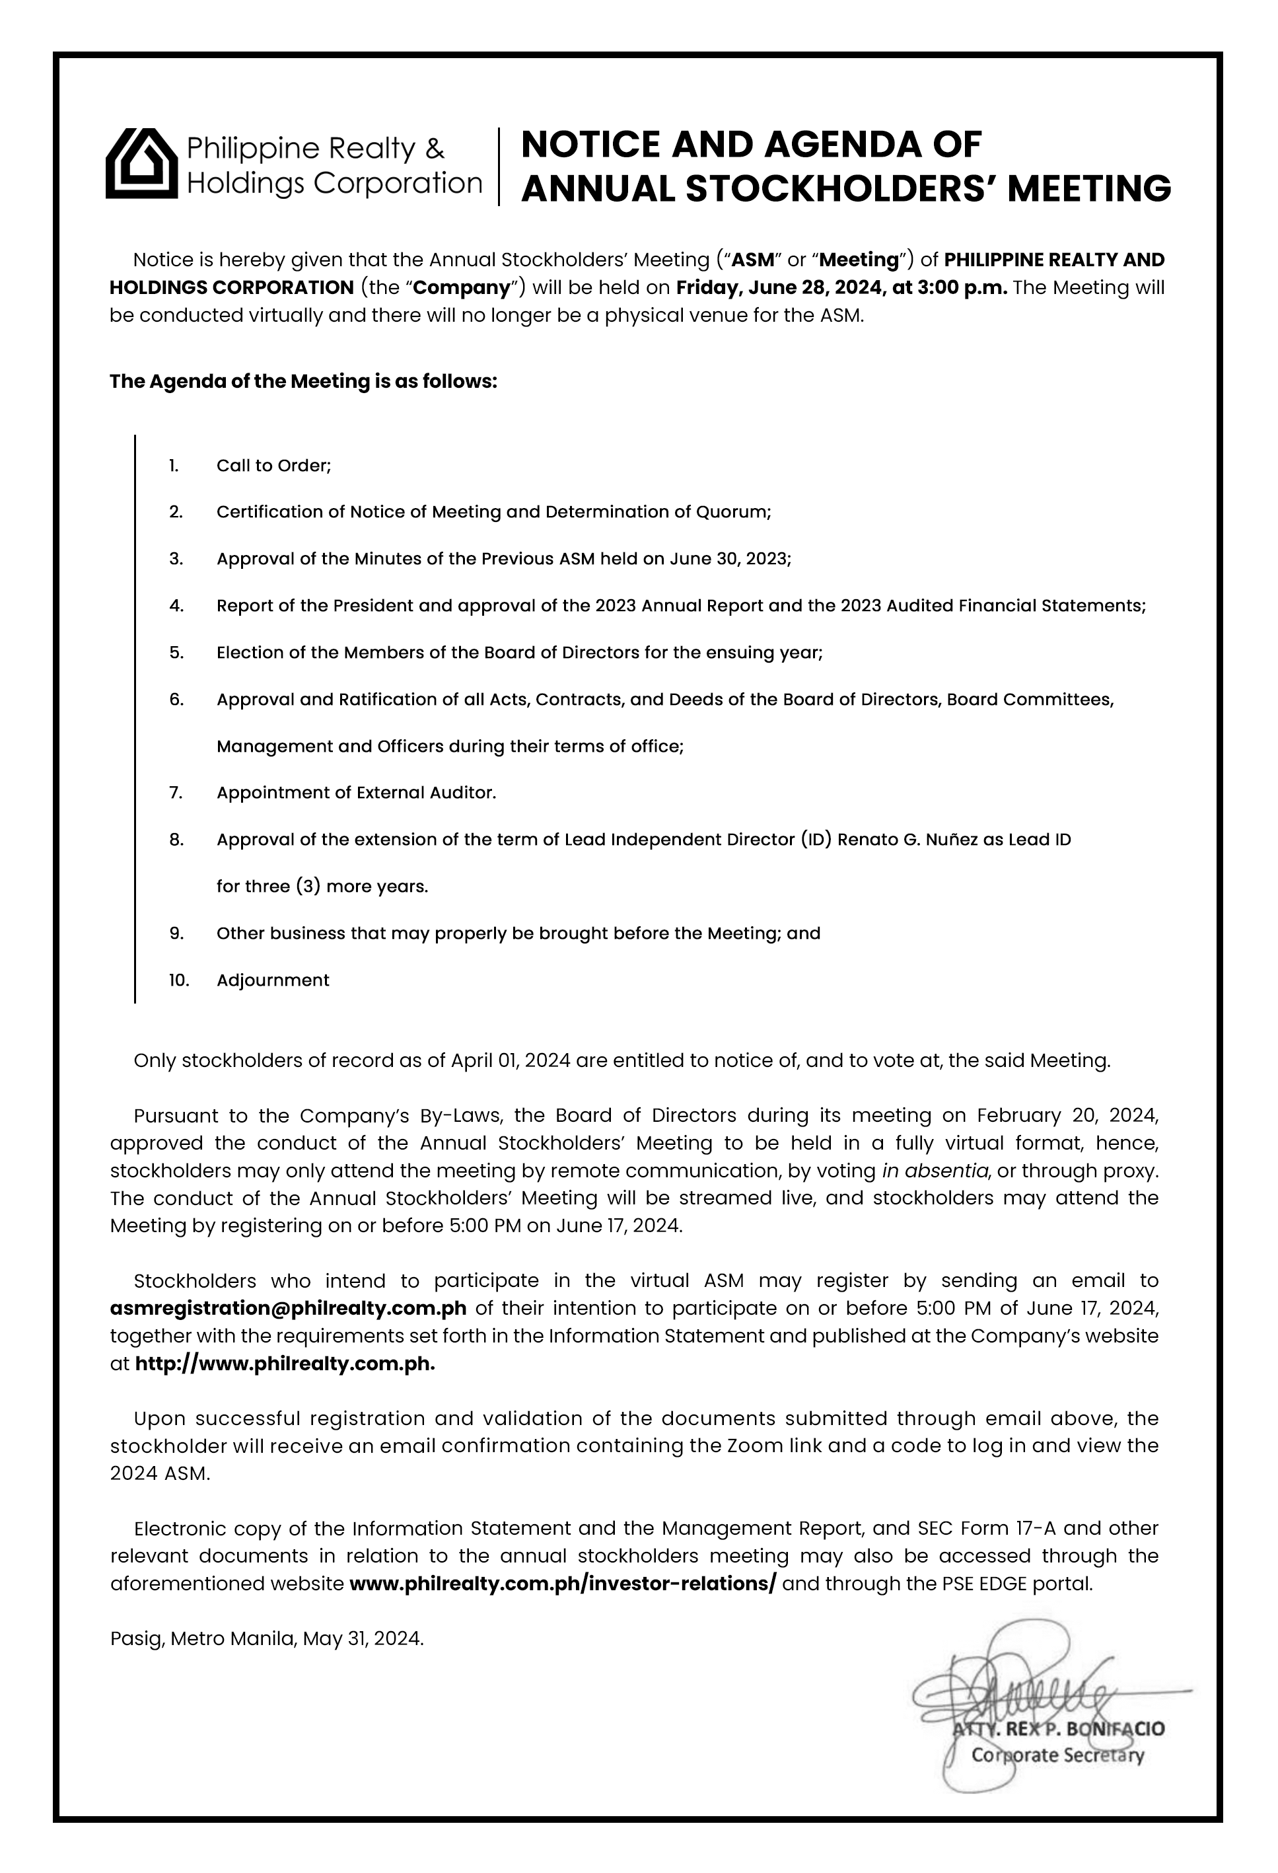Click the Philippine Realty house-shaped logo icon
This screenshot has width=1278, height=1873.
coord(142,164)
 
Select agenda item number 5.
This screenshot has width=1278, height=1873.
coord(176,653)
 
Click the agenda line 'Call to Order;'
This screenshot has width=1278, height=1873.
coord(274,466)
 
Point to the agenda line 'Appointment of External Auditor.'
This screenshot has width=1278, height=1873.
coord(356,793)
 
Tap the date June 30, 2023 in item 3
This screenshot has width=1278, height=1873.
coord(730,560)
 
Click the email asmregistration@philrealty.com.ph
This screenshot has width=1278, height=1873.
coord(289,1307)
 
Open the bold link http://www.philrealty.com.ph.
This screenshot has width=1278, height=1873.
coord(285,1364)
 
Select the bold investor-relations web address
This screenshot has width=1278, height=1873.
coord(563,1583)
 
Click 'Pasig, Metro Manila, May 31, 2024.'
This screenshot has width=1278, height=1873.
coord(267,1638)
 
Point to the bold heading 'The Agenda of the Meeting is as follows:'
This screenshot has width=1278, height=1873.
coord(303,381)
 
